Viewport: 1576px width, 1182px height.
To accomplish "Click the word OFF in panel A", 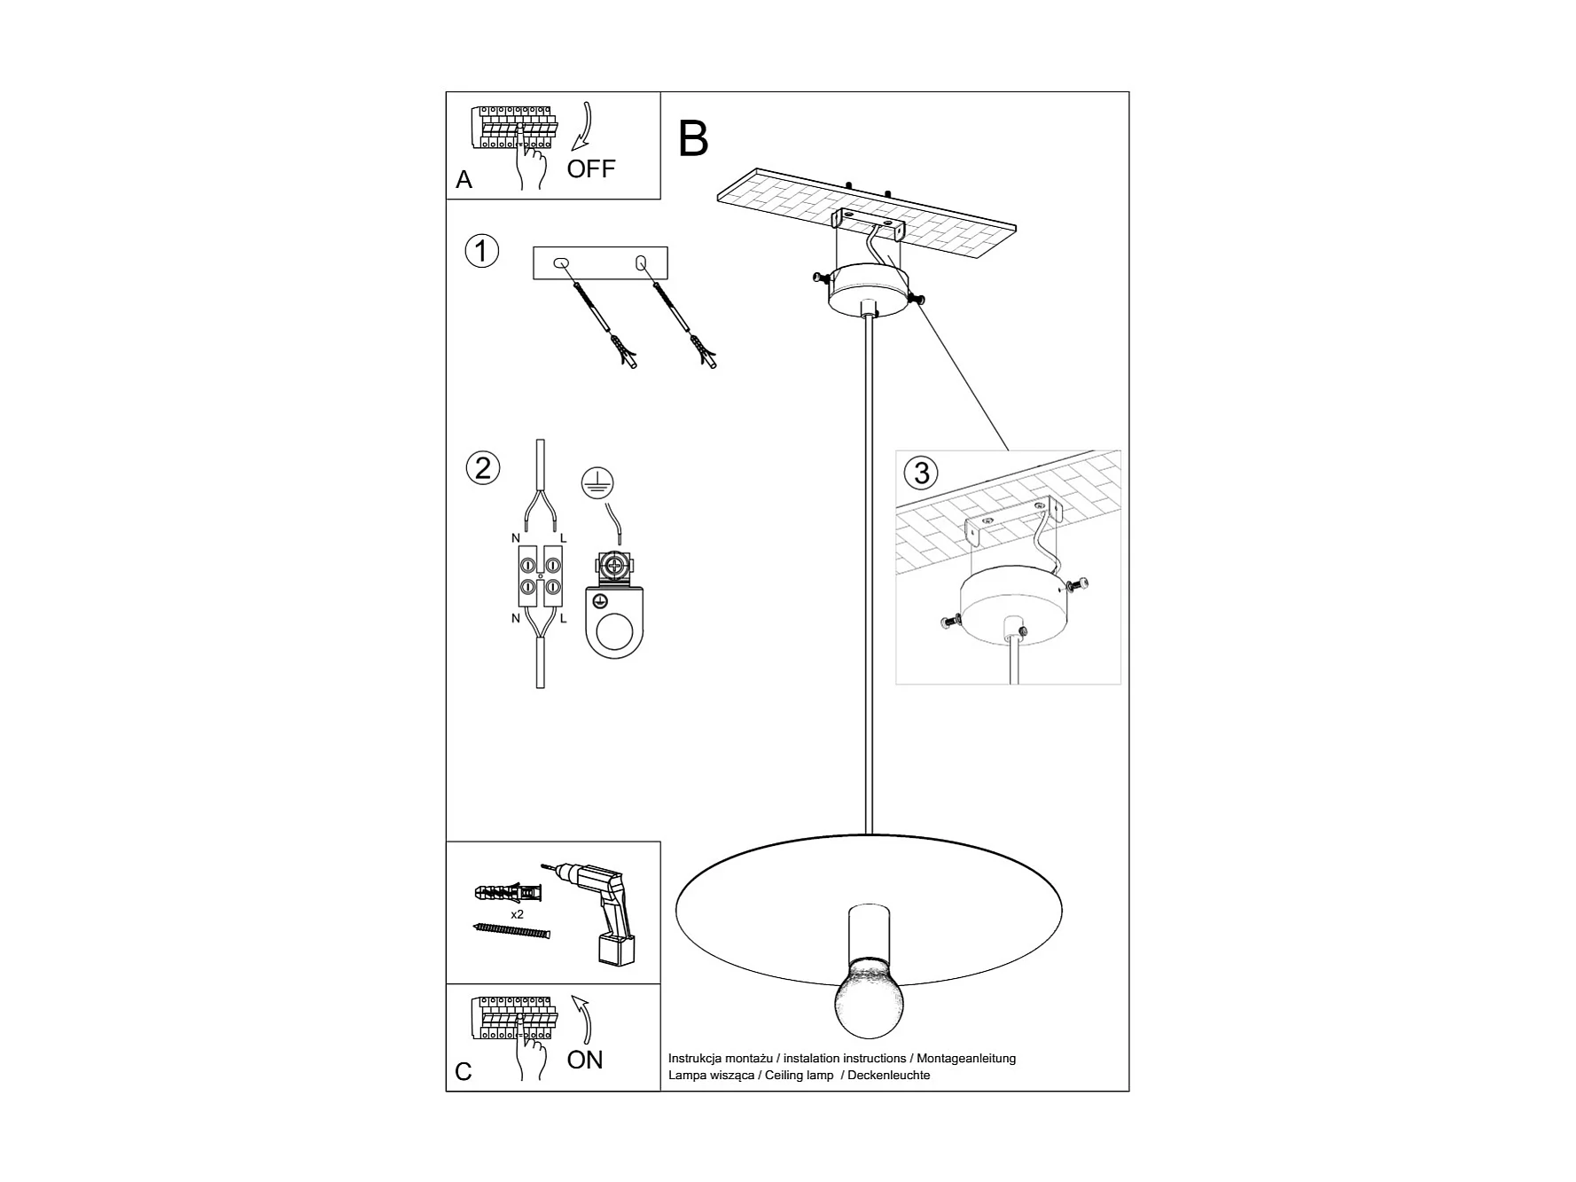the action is click(x=590, y=168).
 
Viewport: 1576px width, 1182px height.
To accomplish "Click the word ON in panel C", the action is click(x=585, y=1060).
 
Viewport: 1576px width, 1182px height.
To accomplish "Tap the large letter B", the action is click(x=693, y=139).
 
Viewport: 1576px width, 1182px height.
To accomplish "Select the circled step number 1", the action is click(x=482, y=251).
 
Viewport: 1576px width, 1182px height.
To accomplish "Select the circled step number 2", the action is click(x=482, y=467).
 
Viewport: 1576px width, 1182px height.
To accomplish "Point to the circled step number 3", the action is click(x=922, y=472).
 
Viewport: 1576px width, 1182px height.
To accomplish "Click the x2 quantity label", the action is click(x=517, y=913).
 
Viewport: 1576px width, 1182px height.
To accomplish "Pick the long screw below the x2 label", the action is click(x=512, y=930).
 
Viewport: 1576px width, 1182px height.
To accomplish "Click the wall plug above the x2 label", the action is click(x=508, y=892).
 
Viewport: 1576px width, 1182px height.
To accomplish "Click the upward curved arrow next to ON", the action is click(x=581, y=1021).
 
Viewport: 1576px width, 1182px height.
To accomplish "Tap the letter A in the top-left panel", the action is click(x=464, y=180).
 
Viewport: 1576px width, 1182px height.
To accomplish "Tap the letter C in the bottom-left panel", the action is click(x=463, y=1072).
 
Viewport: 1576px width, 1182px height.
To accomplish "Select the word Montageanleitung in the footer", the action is click(x=966, y=1059).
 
